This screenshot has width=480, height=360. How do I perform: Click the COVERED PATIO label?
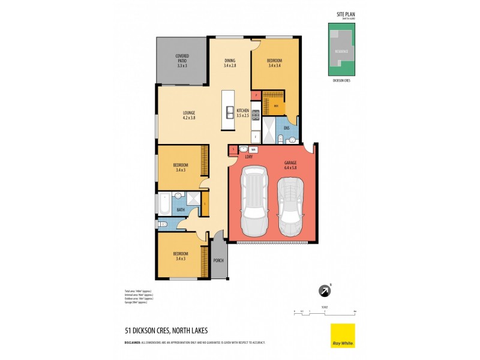click(x=182, y=61)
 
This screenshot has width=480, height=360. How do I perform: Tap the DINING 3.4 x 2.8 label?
click(x=230, y=62)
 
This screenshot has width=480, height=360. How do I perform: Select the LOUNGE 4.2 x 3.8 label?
click(x=189, y=115)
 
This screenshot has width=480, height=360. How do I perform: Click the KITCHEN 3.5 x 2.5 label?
click(x=242, y=113)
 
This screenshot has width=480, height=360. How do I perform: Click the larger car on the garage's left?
click(x=254, y=203)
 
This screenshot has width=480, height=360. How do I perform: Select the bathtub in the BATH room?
click(x=164, y=203)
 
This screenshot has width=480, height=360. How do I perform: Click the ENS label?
click(x=286, y=128)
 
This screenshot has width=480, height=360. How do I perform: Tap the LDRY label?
click(x=248, y=157)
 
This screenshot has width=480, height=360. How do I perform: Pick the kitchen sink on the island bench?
click(x=229, y=112)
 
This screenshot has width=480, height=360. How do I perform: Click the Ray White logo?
click(x=343, y=336)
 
